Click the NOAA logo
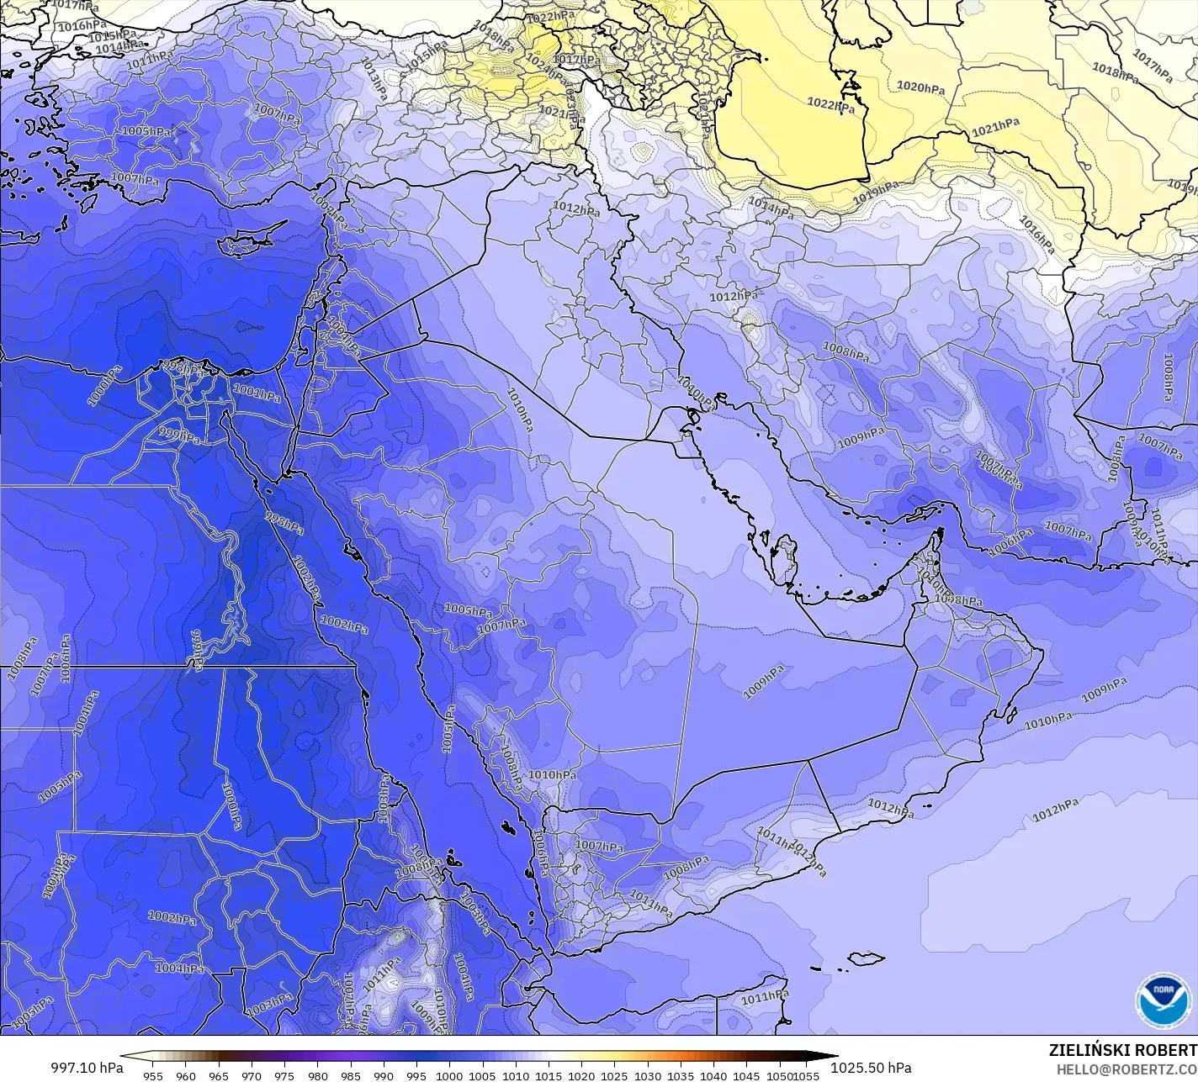(x=1164, y=1000)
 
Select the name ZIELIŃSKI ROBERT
(x=1122, y=1050)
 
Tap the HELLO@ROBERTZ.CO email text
(x=1126, y=1069)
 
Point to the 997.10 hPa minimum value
(x=87, y=1068)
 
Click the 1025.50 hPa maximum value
(x=870, y=1068)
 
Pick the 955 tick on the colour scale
(x=153, y=1075)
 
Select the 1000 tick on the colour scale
(x=449, y=1075)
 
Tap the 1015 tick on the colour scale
(x=549, y=1075)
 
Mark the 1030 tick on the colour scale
(x=647, y=1075)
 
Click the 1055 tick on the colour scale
(x=807, y=1075)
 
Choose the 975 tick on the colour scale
(x=284, y=1075)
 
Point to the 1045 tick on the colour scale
(x=746, y=1075)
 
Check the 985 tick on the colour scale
(x=351, y=1075)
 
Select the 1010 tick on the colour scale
(x=516, y=1075)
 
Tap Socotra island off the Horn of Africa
(x=865, y=958)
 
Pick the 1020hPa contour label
(x=920, y=87)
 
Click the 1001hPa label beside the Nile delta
(x=257, y=392)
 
